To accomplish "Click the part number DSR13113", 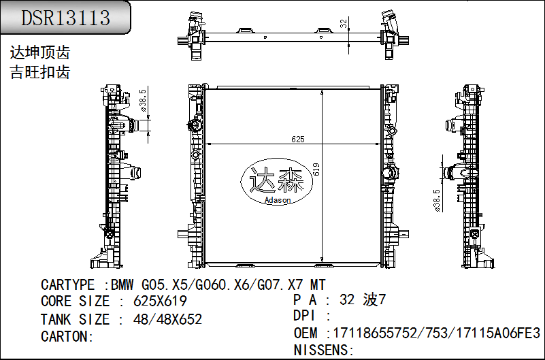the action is tap(66, 18).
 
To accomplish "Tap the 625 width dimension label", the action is tap(298, 140).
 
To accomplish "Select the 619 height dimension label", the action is tap(316, 169).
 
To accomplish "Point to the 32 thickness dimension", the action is tap(344, 24).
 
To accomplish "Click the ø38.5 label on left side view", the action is tap(142, 101).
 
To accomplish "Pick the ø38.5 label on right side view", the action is tap(437, 201).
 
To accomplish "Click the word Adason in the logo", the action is tap(278, 200).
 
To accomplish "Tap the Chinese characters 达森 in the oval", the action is tap(277, 180).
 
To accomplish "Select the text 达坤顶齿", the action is tap(40, 53).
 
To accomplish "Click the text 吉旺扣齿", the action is tap(40, 72).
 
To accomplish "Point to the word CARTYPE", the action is tap(67, 285).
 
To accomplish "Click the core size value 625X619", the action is tap(160, 301).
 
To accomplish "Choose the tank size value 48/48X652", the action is tap(167, 319).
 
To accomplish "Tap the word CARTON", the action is tap(66, 336).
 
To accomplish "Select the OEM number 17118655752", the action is tap(375, 333).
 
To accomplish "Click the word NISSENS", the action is tap(321, 350).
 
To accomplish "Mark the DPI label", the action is tap(304, 316).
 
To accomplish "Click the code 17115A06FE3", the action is tap(498, 333).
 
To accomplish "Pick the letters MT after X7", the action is tap(318, 285).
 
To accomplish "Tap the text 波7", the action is tap(374, 299).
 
